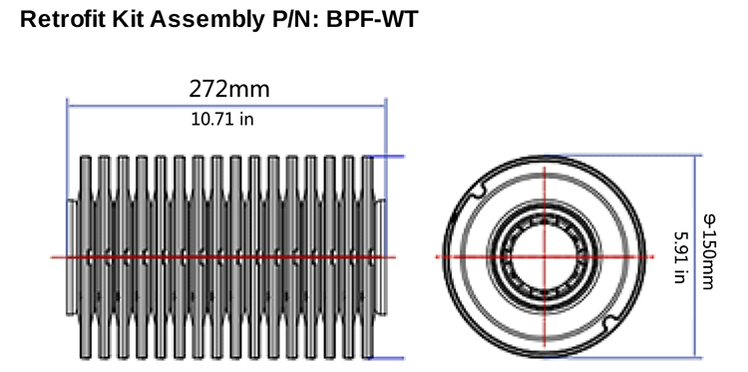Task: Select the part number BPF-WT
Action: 372,20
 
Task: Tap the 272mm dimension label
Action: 229,89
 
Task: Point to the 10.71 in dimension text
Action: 222,119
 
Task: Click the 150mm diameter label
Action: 709,251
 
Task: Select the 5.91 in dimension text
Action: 681,257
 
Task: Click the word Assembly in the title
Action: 208,20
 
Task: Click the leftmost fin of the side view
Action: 86,257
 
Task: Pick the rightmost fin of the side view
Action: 368,257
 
